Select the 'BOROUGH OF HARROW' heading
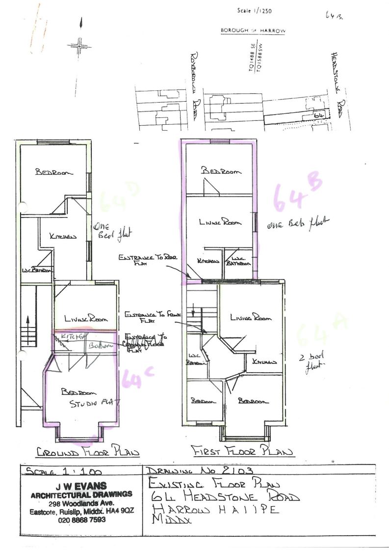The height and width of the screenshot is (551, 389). (253, 30)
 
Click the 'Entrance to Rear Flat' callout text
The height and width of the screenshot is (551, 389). (141, 260)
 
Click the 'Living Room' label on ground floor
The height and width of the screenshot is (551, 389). (85, 319)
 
